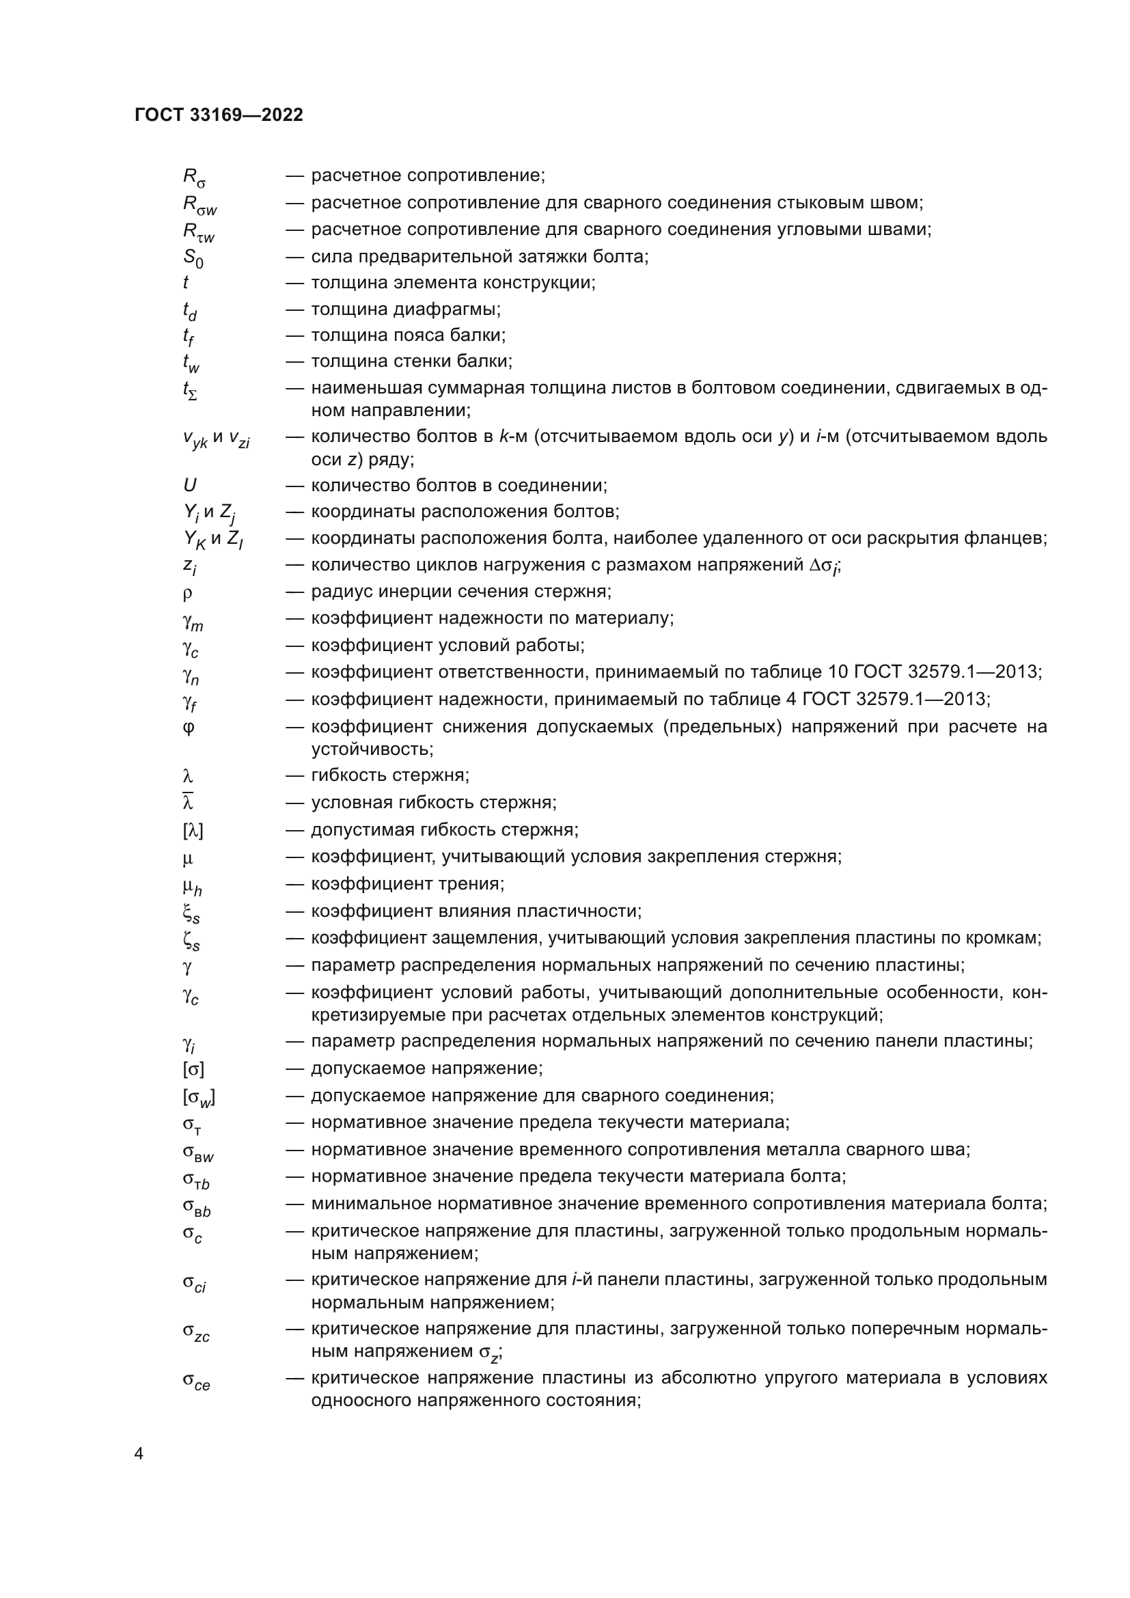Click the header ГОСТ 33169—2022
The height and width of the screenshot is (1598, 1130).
pyautogui.click(x=219, y=115)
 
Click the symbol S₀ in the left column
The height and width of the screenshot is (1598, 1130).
pyautogui.click(x=193, y=258)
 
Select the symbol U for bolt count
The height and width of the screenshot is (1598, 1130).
pyautogui.click(x=189, y=485)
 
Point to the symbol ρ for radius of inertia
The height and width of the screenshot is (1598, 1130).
pyautogui.click(x=188, y=593)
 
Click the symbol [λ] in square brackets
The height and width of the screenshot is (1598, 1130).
pyautogui.click(x=193, y=830)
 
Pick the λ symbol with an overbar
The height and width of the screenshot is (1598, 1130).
pyautogui.click(x=188, y=802)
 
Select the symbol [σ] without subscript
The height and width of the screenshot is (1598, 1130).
pyautogui.click(x=193, y=1069)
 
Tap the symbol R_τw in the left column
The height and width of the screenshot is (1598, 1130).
pyautogui.click(x=198, y=232)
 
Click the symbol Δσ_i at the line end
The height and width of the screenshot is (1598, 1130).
pyautogui.click(x=825, y=566)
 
